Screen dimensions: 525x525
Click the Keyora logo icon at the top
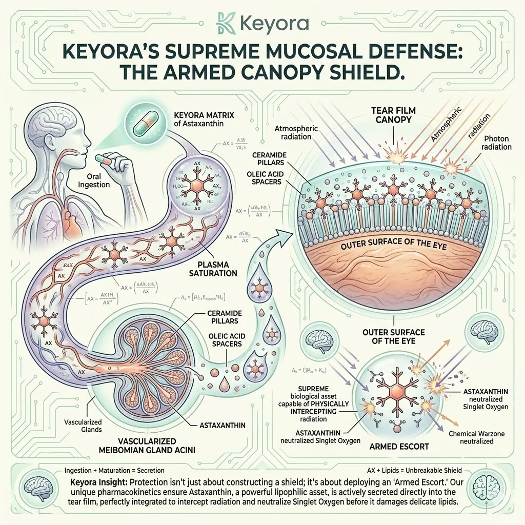coord(224,25)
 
